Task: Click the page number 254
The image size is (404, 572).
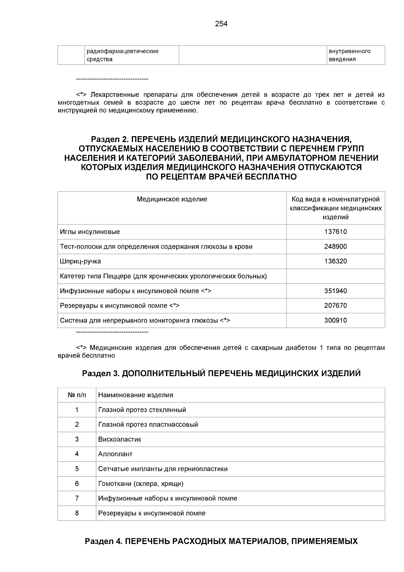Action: click(221, 24)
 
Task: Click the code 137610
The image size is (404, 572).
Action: click(335, 232)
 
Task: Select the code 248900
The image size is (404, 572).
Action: click(335, 247)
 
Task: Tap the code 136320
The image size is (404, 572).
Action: click(335, 262)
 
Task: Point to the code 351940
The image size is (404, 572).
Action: click(335, 291)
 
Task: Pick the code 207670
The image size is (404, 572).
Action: click(335, 306)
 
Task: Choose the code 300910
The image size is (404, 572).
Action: click(335, 321)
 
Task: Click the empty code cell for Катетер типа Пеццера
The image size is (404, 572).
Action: click(335, 276)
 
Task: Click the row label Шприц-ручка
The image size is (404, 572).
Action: click(80, 262)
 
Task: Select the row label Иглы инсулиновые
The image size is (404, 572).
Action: click(90, 232)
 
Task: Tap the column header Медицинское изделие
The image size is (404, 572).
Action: click(172, 199)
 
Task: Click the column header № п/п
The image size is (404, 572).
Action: click(77, 395)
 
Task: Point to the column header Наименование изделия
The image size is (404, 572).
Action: click(136, 395)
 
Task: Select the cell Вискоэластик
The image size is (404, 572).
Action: click(120, 440)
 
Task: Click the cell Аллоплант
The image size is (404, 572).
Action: click(115, 454)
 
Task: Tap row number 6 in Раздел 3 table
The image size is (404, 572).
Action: click(77, 484)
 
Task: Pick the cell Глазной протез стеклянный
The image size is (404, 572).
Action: click(142, 410)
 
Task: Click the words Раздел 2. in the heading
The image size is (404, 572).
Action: click(110, 139)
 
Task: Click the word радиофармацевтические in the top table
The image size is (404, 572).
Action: click(123, 51)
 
